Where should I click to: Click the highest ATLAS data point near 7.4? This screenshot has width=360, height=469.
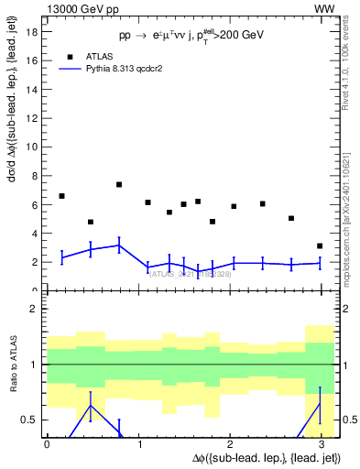(119, 184)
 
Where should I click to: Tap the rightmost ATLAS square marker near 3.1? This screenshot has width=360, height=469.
(319, 245)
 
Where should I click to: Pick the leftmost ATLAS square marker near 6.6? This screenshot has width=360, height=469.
(61, 196)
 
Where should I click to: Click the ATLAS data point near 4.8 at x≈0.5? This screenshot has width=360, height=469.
(91, 222)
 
